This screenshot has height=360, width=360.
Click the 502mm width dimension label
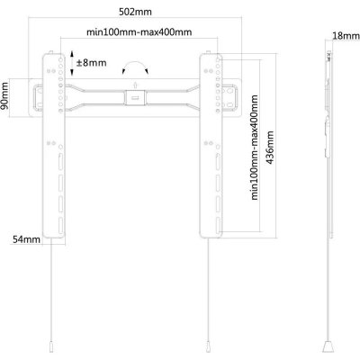(135, 12)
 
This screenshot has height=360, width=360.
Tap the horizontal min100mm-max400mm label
(139, 31)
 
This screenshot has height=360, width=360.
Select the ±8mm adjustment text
(92, 63)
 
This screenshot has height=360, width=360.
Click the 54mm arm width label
(26, 239)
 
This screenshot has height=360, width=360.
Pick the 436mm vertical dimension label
(270, 148)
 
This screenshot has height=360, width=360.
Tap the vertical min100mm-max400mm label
(254, 148)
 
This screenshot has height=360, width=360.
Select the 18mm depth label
(346, 36)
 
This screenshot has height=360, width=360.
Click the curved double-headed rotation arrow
(135, 65)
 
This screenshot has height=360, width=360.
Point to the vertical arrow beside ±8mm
(72, 63)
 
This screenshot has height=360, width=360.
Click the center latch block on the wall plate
(135, 98)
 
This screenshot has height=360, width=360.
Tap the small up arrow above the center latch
(135, 85)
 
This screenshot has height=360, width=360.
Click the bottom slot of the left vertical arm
(60, 226)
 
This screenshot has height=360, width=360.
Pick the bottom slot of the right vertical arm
(218, 226)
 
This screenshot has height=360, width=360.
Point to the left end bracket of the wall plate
(36, 97)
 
